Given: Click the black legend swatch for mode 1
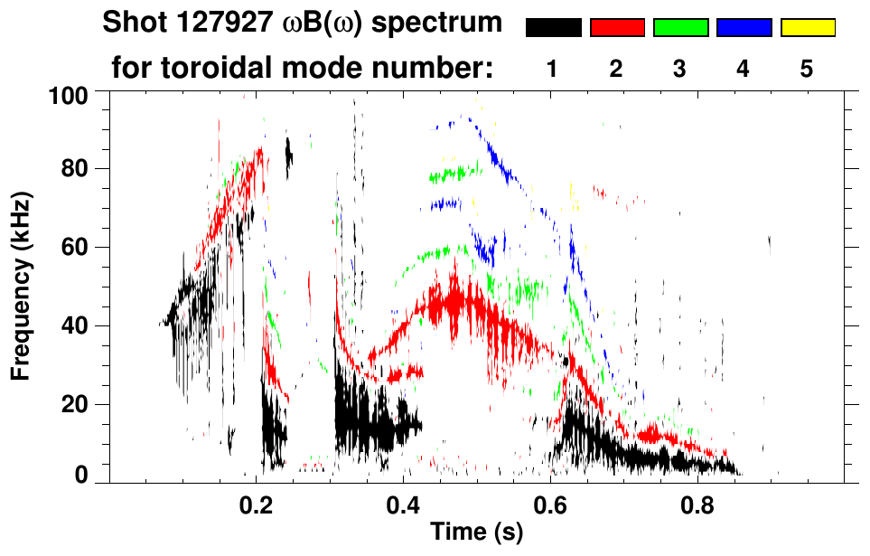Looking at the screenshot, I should [x=553, y=28].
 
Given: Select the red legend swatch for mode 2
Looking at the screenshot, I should [x=617, y=28].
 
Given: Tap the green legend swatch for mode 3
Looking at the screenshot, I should [x=680, y=28].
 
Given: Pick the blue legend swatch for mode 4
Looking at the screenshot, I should [x=744, y=28].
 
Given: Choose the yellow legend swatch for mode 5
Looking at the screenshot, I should [x=808, y=28].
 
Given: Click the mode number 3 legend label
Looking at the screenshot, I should [x=679, y=70].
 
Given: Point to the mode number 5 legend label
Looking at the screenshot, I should [x=807, y=70].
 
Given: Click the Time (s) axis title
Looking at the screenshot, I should [x=476, y=533].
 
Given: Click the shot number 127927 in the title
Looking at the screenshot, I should [x=219, y=24].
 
